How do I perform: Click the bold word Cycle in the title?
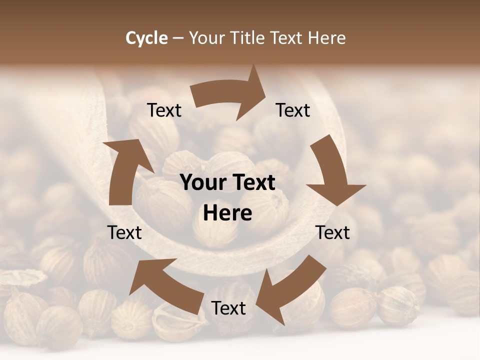[x=146, y=38]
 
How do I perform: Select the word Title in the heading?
[x=248, y=38]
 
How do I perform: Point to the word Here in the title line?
[x=326, y=38]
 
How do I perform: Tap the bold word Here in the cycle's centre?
[x=227, y=213]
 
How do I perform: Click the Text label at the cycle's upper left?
[x=164, y=110]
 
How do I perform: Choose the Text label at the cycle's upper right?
[x=293, y=110]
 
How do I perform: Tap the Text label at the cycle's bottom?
[x=228, y=308]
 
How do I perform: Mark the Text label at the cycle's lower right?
[x=332, y=232]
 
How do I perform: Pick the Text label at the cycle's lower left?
[x=125, y=232]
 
